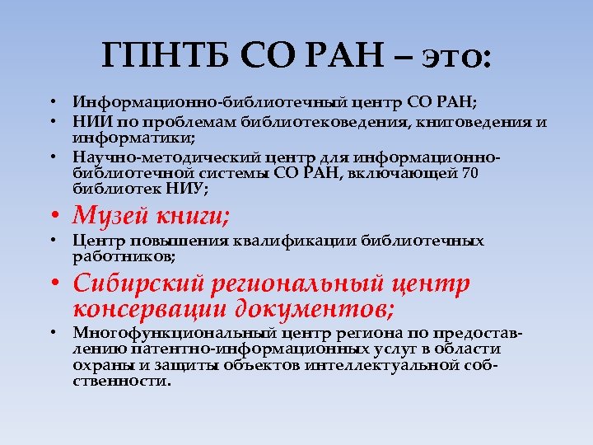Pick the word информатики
coord(132,138)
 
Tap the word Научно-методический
coord(156,157)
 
